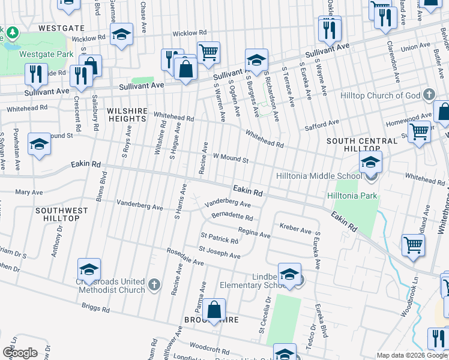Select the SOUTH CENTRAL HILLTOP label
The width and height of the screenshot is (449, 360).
362,145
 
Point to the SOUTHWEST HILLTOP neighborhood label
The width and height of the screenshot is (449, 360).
65,214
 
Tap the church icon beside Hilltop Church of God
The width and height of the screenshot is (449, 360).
429,95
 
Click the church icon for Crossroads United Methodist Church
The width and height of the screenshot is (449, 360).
154,286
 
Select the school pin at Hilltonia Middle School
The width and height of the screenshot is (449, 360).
371,162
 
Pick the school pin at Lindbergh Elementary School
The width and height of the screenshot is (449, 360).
289,274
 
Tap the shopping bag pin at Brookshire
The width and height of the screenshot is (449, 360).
214,310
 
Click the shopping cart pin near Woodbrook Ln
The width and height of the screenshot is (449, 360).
413,245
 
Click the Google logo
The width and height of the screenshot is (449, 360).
20,353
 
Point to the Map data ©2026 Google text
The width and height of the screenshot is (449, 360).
412,355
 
